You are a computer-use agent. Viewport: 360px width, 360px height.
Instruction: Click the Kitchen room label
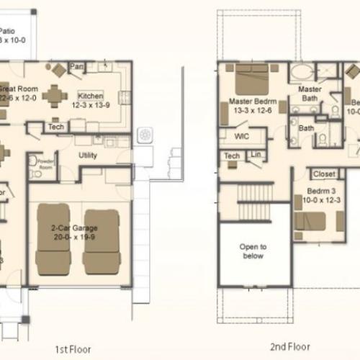tap(91, 96)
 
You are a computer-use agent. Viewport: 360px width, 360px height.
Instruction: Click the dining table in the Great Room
tap(55, 95)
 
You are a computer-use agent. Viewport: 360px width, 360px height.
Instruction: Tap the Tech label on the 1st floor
tap(56, 126)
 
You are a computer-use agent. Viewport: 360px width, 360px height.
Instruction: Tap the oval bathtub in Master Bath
tap(302, 72)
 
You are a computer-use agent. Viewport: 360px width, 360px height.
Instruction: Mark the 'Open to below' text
tap(252, 251)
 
